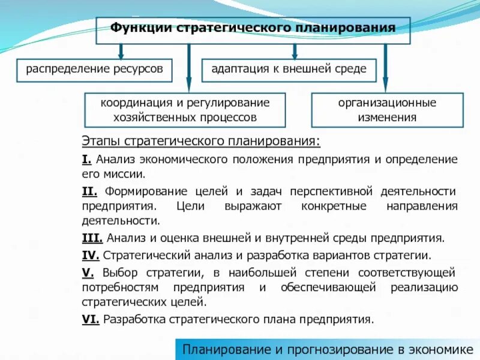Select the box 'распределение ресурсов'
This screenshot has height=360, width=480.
click(94, 69)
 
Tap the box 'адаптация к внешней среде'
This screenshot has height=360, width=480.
click(289, 69)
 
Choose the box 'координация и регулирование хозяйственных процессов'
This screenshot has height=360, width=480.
click(185, 110)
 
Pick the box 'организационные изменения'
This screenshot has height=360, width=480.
click(388, 110)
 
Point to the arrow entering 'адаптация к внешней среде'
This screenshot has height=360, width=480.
click(295, 51)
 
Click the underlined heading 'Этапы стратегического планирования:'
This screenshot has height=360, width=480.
click(201, 142)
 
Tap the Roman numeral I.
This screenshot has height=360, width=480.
click(86, 159)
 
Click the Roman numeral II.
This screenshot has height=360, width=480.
click(89, 191)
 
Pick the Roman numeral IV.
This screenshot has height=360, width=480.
click(91, 255)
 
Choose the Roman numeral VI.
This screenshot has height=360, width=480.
click(91, 319)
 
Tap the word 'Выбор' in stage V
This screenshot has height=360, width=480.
click(118, 272)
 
